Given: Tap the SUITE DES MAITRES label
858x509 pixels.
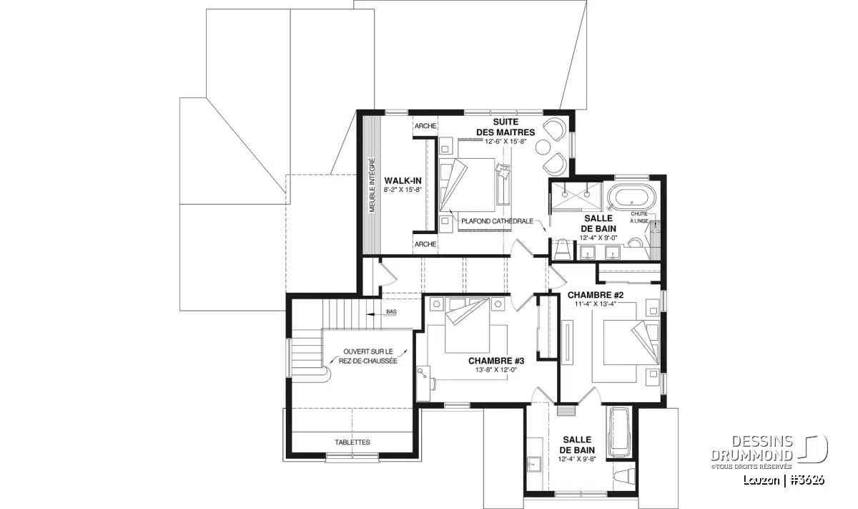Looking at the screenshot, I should tap(505, 127).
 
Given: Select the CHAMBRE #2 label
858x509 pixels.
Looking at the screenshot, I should tap(596, 294).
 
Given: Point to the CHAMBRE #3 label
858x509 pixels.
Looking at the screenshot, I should tap(496, 361).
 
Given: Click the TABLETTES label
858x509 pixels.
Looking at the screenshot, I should tap(352, 442).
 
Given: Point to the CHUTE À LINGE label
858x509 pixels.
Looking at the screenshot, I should tap(640, 218).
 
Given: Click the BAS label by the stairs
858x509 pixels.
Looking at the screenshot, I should tap(391, 312).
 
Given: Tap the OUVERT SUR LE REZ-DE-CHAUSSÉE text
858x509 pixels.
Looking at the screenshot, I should tap(370, 357).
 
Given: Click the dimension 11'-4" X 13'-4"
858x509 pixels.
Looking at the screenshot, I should tap(596, 304).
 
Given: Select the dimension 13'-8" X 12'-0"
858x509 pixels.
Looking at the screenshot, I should tap(496, 370).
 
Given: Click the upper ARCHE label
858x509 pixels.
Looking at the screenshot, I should tap(425, 126).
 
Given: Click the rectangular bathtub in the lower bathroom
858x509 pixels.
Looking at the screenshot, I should tap(617, 432).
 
